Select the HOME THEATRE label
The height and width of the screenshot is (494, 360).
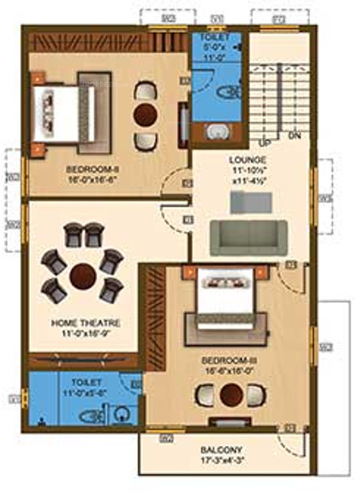point(85,323)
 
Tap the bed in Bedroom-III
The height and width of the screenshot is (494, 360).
point(227,299)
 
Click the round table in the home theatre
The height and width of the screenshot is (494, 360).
point(84,276)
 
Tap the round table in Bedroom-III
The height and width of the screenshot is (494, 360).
point(232,396)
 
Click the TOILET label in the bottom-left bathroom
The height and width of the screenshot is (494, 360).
point(83,382)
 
